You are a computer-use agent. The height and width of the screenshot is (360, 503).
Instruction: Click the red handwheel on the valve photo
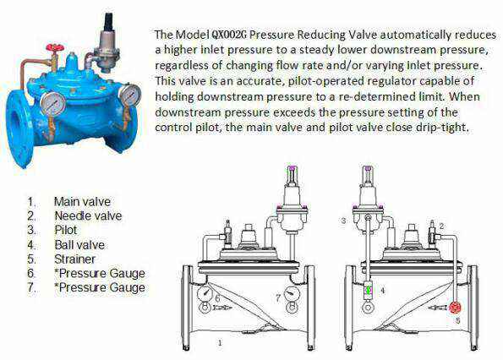coord(55,48)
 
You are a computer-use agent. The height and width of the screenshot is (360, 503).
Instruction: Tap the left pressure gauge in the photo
coord(53,102)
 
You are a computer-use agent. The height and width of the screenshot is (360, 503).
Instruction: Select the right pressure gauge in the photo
coord(130,95)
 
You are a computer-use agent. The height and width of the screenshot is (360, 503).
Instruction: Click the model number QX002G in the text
coord(229,35)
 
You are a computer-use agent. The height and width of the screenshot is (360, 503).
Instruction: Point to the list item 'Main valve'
coord(82,202)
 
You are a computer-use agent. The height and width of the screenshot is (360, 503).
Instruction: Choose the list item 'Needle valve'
coord(88,215)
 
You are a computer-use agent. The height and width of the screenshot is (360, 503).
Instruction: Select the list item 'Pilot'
coord(66,230)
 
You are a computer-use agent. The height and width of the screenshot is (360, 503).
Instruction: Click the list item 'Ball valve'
coord(79,245)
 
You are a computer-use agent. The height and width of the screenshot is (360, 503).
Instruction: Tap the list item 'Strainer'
coord(74,259)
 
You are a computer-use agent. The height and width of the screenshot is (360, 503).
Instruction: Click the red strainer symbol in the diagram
coord(455,308)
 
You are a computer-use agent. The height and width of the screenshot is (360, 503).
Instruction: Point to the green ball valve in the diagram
coord(369,290)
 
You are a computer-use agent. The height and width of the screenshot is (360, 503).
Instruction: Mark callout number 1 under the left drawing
coord(220,343)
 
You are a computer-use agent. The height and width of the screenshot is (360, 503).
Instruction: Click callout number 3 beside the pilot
coord(343,221)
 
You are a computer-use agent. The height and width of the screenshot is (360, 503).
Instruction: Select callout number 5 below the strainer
coord(457,320)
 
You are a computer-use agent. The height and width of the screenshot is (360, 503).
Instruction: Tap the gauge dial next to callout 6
coord(205,293)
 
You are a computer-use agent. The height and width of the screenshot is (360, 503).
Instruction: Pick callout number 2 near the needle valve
coord(441,226)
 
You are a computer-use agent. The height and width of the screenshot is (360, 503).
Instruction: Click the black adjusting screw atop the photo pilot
coord(109,22)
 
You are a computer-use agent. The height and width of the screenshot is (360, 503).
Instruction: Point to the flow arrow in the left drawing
coord(222,308)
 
